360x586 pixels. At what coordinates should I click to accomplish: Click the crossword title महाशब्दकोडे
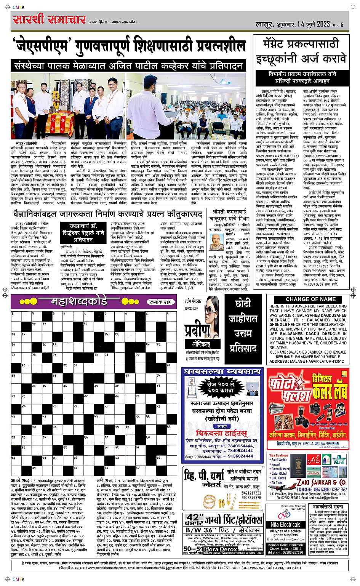click(x=79, y=302)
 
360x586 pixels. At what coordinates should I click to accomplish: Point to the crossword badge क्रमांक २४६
click(x=159, y=302)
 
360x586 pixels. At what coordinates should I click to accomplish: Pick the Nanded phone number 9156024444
click(x=241, y=456)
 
